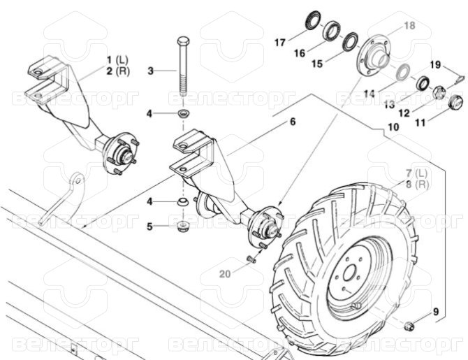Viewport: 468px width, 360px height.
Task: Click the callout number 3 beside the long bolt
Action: tap(151, 71)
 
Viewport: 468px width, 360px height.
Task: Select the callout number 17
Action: tap(280, 43)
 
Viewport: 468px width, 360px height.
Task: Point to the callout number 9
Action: tap(436, 312)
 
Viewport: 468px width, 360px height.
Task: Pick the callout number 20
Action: tap(226, 273)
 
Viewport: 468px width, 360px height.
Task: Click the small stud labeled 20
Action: tap(251, 259)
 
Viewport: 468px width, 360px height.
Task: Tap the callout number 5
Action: tap(149, 226)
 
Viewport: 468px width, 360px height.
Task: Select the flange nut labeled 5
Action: tap(182, 226)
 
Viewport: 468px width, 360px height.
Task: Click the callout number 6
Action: tap(293, 122)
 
